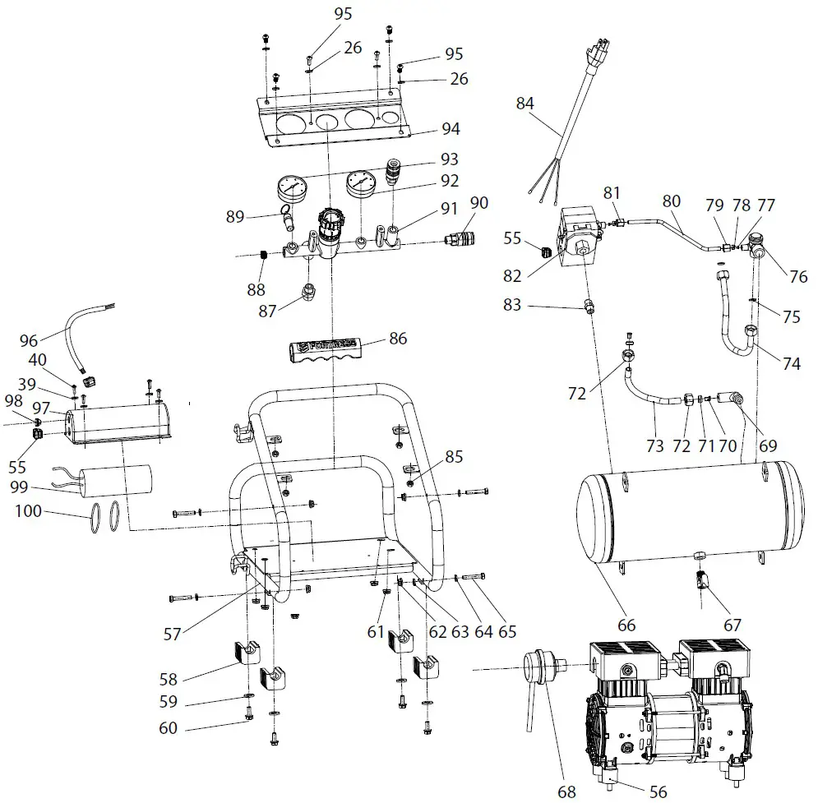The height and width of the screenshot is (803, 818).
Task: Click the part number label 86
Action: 399,337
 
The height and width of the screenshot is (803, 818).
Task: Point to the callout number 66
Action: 626,625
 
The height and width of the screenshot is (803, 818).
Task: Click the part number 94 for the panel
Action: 473,129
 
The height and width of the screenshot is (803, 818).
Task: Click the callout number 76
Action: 798,277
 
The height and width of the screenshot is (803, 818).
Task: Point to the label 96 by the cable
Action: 29,339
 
